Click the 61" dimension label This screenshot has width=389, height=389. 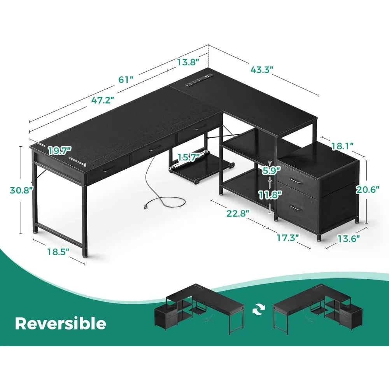tap(126, 80)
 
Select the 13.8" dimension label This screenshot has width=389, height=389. tap(188, 61)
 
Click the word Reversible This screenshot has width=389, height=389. tap(60, 323)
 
